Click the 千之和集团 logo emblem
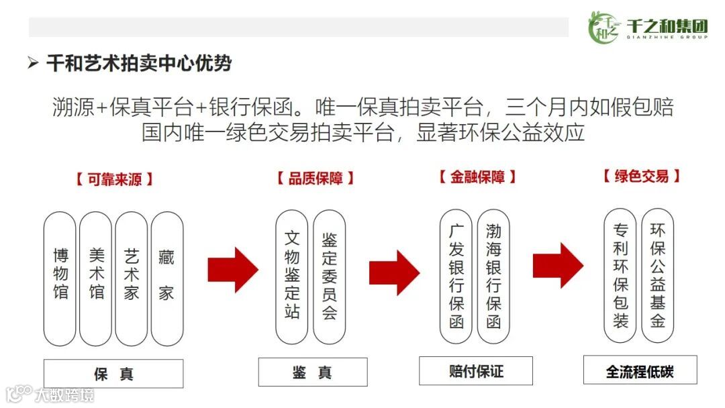coord(603,28)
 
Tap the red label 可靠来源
coord(114,179)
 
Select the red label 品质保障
coord(315,178)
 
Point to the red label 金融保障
coord(477,176)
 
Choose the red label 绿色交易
coord(641,176)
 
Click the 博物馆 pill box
coord(60,278)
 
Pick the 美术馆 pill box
coord(96,278)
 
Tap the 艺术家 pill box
coord(132,278)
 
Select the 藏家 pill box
coord(166,278)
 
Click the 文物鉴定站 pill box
coord(292,276)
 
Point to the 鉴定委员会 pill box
coord(329,276)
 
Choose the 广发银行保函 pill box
coord(456,276)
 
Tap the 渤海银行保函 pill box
coord(493,276)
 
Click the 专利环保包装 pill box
coord(620,276)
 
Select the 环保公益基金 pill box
coord(658,276)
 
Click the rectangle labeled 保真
coord(113,374)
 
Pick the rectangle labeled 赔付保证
coord(476,370)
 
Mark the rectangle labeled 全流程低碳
coord(640,370)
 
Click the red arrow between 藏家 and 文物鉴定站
coord(232,269)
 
